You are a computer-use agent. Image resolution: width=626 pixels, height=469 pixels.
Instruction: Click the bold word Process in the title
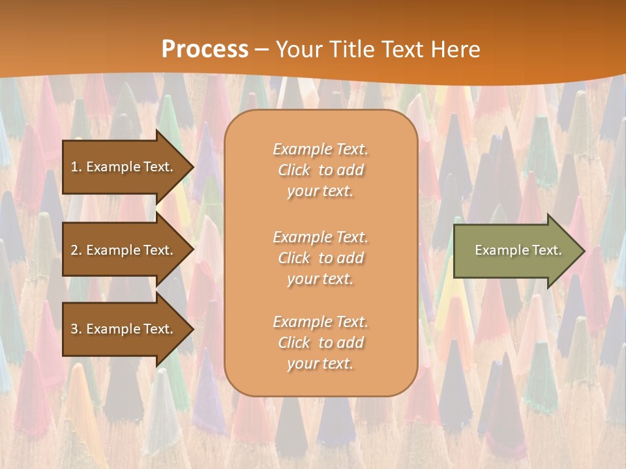pyautogui.click(x=205, y=50)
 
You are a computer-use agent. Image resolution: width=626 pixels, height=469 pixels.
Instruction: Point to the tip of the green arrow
pyautogui.click(x=582, y=251)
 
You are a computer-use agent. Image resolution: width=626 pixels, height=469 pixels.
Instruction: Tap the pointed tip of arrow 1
pyautogui.click(x=191, y=167)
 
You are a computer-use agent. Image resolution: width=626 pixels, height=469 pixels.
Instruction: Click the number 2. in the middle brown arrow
pyautogui.click(x=76, y=250)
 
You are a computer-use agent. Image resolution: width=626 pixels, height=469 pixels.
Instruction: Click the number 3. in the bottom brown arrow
pyautogui.click(x=76, y=329)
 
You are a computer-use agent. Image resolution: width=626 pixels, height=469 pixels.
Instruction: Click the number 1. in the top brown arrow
pyautogui.click(x=76, y=167)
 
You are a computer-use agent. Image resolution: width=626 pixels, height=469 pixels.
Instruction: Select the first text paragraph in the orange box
pyautogui.click(x=320, y=170)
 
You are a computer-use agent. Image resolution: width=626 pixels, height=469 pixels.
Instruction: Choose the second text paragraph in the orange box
pyautogui.click(x=320, y=258)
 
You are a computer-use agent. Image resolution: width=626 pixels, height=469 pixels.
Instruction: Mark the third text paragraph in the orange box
pyautogui.click(x=320, y=343)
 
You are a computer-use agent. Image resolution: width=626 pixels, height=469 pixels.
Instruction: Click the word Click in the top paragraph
pyautogui.click(x=294, y=171)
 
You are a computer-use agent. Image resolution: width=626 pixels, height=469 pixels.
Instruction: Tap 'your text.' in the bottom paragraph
pyautogui.click(x=320, y=364)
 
